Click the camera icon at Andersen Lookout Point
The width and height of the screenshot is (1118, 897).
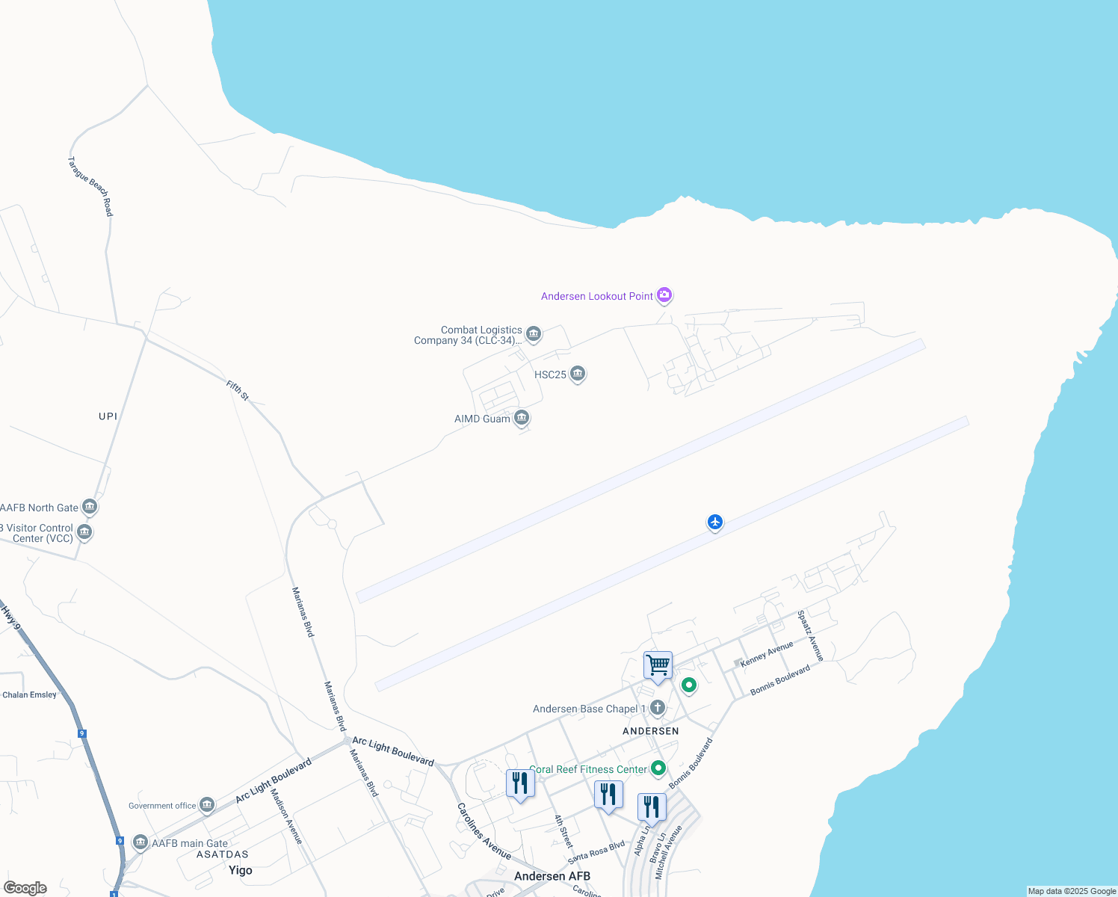[664, 295]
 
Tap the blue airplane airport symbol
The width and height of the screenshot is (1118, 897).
[715, 522]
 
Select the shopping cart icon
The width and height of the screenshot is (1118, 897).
[658, 665]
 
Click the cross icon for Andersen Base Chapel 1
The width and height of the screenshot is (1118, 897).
[658, 708]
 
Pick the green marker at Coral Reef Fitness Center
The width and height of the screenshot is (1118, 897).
[658, 768]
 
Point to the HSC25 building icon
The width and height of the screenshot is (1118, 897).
[578, 374]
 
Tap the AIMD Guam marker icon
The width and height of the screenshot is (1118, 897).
[522, 418]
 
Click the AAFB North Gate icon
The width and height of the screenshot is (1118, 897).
[90, 507]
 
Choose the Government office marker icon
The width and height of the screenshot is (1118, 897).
[207, 805]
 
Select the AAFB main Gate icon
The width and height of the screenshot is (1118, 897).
[140, 842]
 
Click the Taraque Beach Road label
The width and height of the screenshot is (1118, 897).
[90, 186]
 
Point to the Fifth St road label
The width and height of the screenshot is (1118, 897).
[238, 390]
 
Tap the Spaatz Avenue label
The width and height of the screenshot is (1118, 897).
[810, 635]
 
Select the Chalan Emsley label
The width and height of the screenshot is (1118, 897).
[29, 695]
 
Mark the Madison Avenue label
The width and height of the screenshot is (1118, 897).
[286, 816]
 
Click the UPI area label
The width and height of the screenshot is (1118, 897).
[108, 416]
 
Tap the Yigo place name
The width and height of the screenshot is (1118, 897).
[241, 870]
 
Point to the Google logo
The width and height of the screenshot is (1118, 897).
[25, 888]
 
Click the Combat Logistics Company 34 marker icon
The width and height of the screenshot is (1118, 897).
[534, 333]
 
